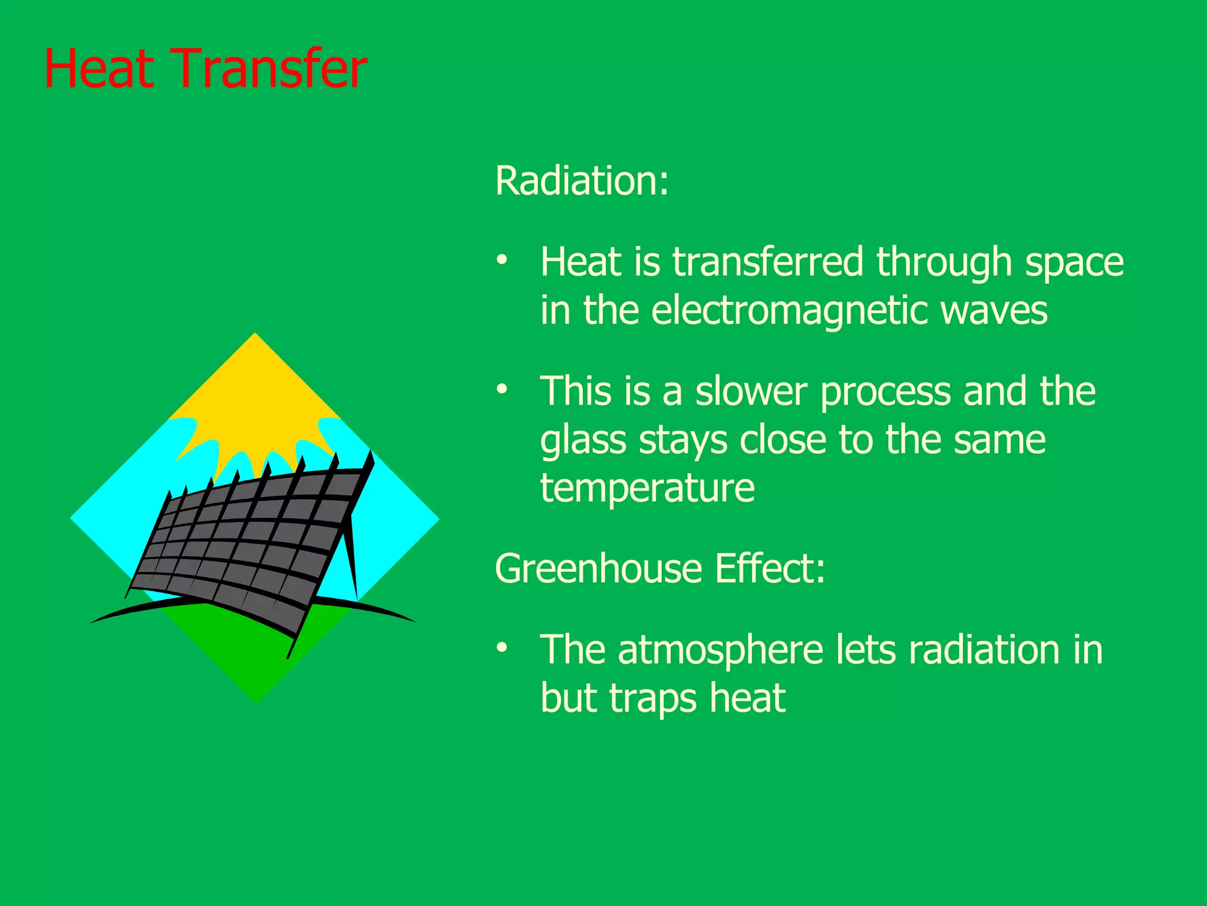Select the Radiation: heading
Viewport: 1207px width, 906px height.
(582, 180)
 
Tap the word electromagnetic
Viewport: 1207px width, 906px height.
(790, 311)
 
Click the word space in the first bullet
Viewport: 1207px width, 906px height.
(1074, 262)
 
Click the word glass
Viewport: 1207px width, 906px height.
(582, 441)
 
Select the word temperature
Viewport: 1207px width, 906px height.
(647, 488)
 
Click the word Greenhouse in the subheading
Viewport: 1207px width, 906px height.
(598, 569)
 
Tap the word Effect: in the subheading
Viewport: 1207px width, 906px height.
(770, 569)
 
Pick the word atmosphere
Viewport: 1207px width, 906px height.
(720, 649)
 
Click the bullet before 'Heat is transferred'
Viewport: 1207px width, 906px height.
(502, 260)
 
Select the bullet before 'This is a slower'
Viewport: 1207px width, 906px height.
(502, 389)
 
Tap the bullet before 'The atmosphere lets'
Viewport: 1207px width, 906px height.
(502, 648)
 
